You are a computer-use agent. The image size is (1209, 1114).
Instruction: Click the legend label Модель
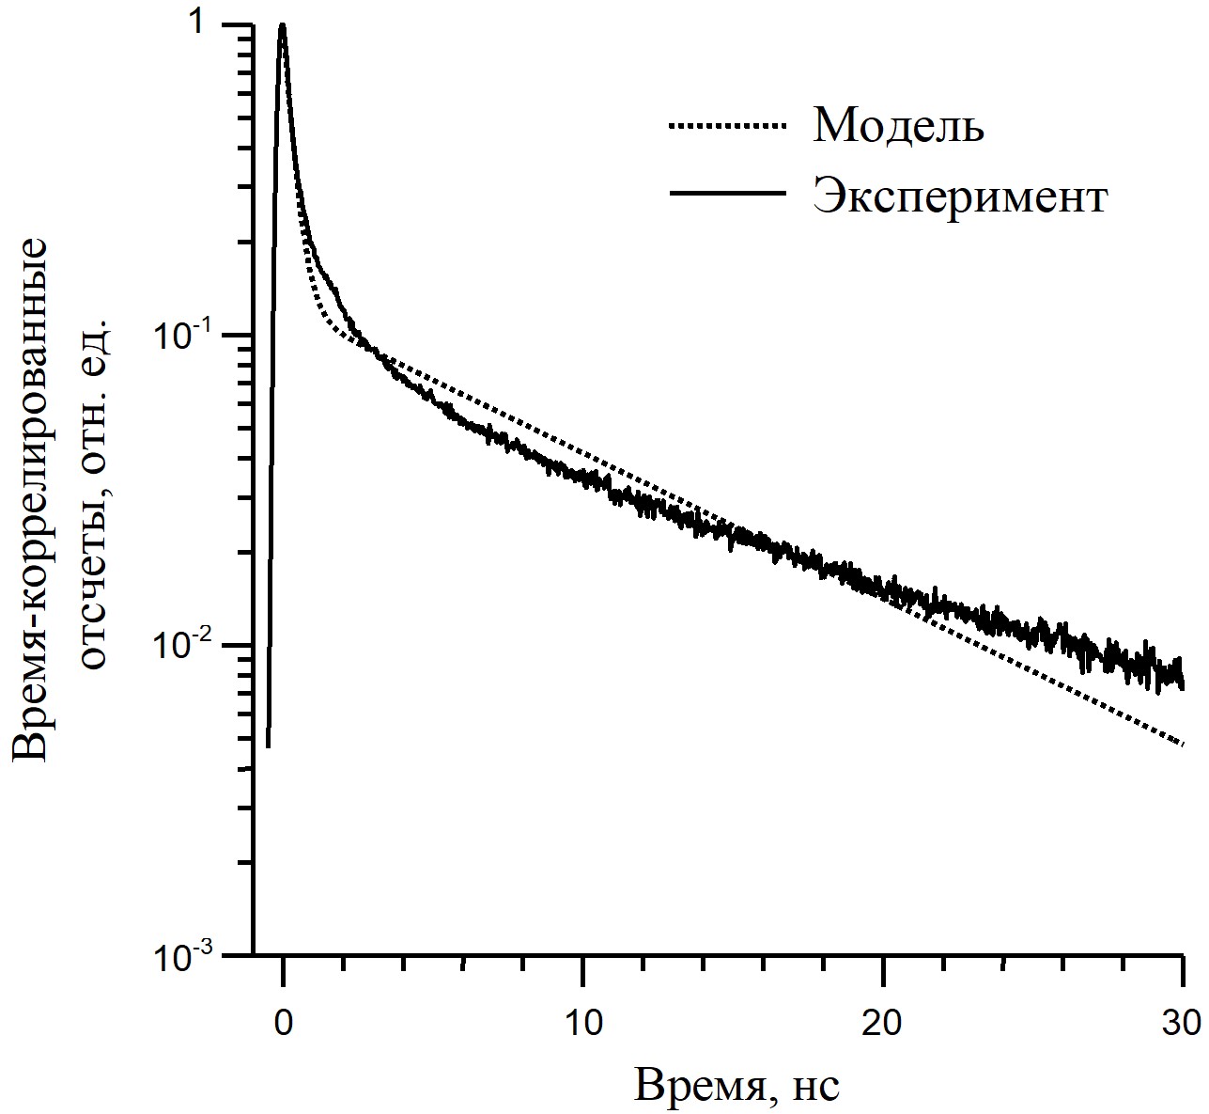coord(898,125)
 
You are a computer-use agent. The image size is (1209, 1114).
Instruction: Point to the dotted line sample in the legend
coord(727,125)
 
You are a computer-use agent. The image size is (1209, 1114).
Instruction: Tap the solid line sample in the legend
coord(727,193)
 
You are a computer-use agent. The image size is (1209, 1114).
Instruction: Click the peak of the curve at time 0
coord(282,24)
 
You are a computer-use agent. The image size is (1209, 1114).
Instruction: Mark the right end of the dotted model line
coord(1183,745)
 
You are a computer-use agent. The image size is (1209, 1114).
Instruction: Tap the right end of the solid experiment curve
coord(1183,685)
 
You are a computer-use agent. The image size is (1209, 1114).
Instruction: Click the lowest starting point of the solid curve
coord(268,747)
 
